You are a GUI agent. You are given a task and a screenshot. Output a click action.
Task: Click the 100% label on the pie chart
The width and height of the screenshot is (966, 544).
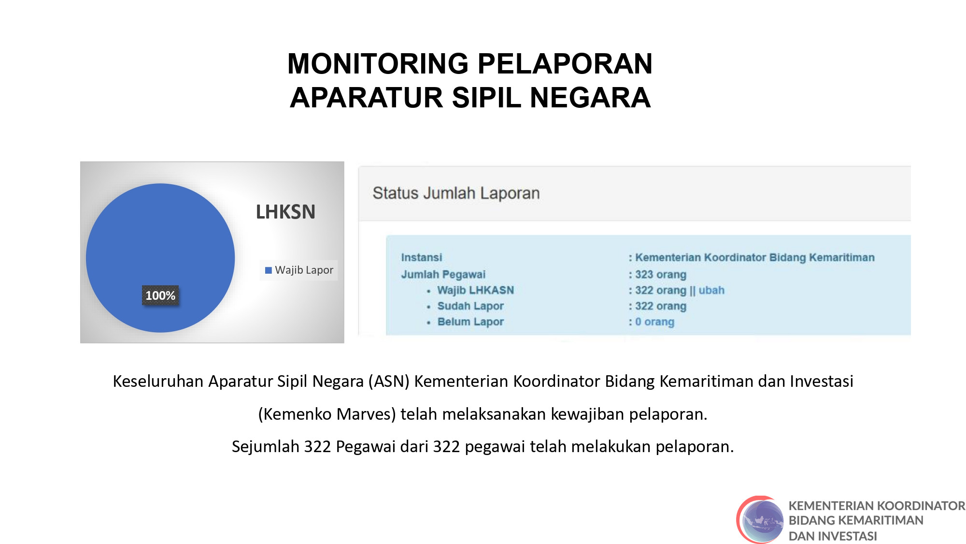[160, 295]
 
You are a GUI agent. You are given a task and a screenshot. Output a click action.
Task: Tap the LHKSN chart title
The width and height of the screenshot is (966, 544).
[285, 212]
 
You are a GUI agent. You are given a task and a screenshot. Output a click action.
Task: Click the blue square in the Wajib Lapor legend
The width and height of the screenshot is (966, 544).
[268, 270]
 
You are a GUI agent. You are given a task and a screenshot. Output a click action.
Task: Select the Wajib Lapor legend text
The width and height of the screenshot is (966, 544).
[304, 270]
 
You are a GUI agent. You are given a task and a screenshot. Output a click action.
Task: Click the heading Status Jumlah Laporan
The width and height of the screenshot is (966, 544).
[456, 193]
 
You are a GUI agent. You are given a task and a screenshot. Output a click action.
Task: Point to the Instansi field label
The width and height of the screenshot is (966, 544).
[421, 257]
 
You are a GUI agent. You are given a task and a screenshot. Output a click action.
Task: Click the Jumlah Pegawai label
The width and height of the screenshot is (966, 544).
[443, 274]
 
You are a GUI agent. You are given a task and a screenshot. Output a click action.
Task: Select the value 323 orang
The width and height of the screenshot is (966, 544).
[660, 274]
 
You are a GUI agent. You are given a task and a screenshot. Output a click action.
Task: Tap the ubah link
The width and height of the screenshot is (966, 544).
[711, 290]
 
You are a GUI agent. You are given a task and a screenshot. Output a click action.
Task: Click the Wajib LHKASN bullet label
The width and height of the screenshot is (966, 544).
[475, 290]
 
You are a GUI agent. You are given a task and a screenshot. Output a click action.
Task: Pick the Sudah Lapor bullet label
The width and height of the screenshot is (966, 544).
[470, 306]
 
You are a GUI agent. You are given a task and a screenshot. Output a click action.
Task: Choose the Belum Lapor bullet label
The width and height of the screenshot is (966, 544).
[470, 322]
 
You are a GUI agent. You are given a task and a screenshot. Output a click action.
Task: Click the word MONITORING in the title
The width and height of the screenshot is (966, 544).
[378, 64]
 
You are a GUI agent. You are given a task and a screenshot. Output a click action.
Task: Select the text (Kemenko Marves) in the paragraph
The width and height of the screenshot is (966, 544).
[327, 414]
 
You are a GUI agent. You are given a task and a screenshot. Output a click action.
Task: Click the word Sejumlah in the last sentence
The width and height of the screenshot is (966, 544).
[265, 446]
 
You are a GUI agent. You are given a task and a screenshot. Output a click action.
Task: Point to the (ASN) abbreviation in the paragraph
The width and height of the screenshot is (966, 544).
[389, 381]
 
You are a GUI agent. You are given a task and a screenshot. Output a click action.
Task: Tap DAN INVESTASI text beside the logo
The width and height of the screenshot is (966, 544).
[833, 536]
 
